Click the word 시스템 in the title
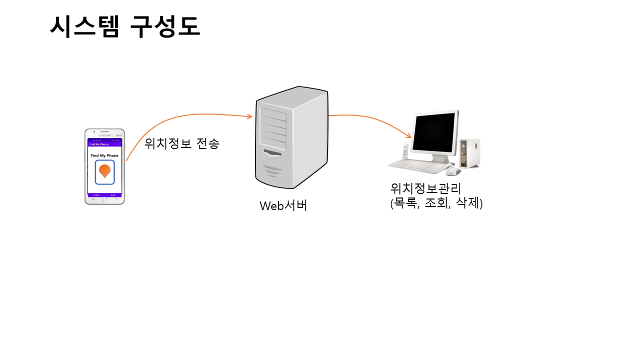point(84,26)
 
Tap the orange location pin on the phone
point(104,171)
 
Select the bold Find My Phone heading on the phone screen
point(104,155)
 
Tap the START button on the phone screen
point(96,195)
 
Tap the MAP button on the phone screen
point(113,195)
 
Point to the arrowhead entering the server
point(250,117)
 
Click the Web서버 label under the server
point(283,205)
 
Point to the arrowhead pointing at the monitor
point(409,135)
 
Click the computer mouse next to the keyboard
point(453,171)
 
